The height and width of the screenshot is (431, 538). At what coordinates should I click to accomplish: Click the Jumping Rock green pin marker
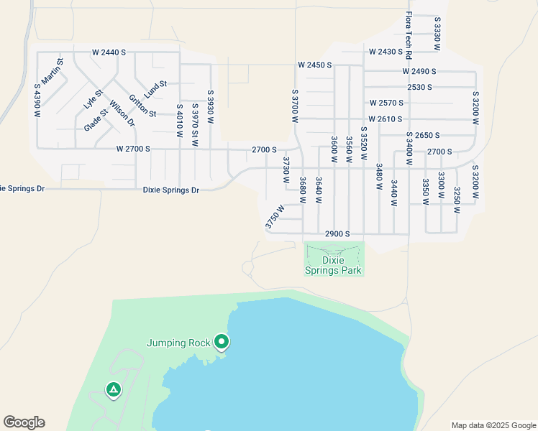point(222,342)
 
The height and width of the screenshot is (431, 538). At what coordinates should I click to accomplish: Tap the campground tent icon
point(113,389)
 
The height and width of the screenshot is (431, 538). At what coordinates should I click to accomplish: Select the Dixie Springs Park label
point(333,265)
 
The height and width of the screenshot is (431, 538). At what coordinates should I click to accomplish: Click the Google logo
point(24,422)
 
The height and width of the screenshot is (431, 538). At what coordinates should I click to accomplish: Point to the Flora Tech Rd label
point(408,35)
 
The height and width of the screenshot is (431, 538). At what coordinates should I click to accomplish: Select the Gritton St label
point(142,105)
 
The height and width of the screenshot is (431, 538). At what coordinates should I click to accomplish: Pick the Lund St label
point(155,89)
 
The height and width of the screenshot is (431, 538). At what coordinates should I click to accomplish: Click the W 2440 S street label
point(109,52)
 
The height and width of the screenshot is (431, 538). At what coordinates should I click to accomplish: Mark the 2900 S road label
point(337,234)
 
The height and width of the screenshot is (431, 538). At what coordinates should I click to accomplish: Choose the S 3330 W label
point(437,33)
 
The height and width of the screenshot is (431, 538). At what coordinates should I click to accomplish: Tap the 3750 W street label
point(274,218)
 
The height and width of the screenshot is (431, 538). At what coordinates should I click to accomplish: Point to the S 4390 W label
point(37,101)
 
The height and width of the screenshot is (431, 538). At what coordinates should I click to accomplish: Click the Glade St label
point(95,119)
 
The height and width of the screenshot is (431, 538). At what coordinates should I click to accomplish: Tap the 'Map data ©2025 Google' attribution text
point(493,425)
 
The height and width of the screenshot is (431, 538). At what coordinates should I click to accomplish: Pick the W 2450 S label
point(314,65)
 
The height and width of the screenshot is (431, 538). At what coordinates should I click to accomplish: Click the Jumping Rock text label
point(179,343)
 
